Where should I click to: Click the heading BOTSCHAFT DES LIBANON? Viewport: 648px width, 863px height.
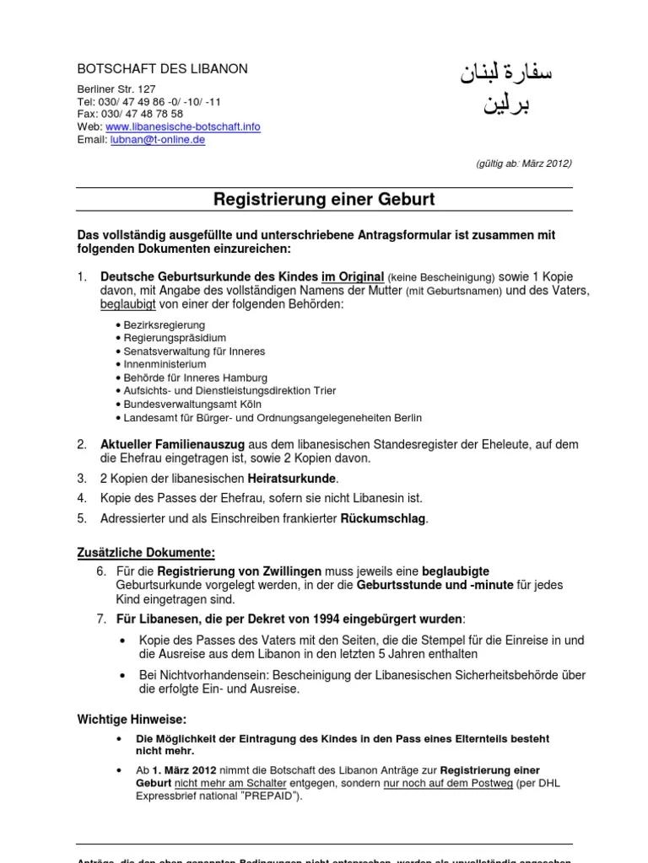(x=163, y=69)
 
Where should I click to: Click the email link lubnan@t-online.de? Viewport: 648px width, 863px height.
(x=158, y=140)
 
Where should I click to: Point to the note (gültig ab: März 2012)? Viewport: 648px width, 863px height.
(x=524, y=163)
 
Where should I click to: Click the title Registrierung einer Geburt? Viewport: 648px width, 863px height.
(x=324, y=200)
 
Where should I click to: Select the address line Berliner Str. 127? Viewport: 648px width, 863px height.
(x=116, y=88)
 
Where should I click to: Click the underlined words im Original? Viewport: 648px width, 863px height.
(x=352, y=276)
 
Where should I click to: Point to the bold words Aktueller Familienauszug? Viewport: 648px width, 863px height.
(x=173, y=444)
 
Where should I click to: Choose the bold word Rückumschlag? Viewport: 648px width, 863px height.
(x=384, y=518)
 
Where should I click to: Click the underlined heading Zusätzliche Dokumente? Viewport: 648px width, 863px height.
(x=146, y=553)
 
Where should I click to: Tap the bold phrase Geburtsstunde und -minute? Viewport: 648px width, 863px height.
(x=435, y=585)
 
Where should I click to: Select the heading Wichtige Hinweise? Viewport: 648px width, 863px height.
(x=132, y=719)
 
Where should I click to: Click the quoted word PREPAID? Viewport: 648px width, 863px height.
(x=269, y=796)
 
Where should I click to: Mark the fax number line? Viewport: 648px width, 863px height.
(x=130, y=114)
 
